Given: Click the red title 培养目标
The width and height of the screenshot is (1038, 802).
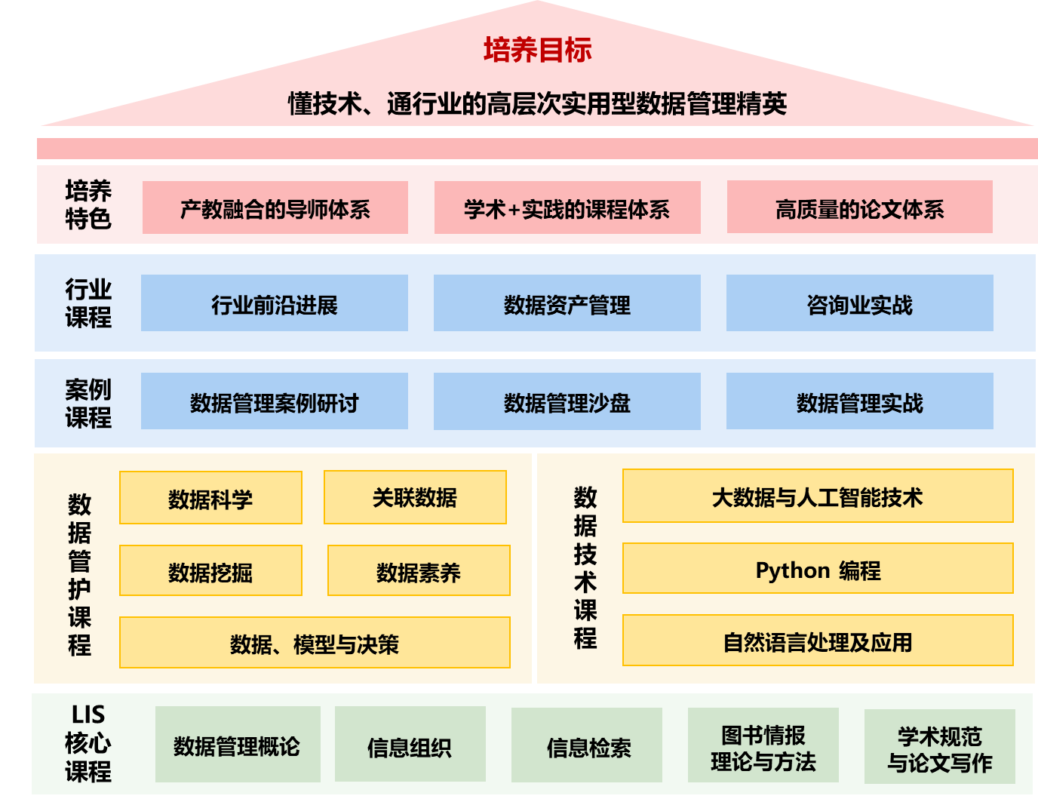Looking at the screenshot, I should click(x=537, y=50).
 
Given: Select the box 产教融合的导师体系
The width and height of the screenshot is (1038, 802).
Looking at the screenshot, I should click(x=275, y=207).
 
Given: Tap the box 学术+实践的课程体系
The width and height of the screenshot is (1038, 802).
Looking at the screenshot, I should click(x=567, y=207).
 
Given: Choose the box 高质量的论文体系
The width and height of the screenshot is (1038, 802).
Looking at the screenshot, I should click(x=859, y=207).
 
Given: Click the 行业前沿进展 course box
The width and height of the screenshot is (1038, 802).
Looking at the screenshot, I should click(x=274, y=303).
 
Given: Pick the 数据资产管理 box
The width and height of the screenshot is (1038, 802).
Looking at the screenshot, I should click(x=567, y=303).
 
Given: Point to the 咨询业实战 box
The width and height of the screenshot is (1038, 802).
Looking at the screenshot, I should click(x=859, y=303).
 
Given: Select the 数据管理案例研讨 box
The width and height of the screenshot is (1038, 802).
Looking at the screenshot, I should click(x=274, y=401).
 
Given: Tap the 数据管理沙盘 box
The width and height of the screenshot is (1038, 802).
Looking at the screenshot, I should click(x=567, y=401).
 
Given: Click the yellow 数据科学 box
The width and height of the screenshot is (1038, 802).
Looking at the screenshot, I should click(x=210, y=498).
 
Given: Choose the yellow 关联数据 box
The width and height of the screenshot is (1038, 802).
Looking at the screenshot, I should click(x=415, y=497).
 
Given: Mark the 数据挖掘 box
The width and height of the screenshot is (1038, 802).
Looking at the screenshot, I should click(x=210, y=571).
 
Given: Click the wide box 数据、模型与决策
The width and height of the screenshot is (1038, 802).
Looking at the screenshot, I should click(x=315, y=643).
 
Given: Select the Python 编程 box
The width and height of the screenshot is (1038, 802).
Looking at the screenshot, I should click(x=818, y=569).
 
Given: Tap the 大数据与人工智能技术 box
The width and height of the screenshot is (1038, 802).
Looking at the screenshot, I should click(x=818, y=496).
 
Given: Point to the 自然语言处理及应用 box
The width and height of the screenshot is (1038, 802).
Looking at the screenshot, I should click(x=818, y=641).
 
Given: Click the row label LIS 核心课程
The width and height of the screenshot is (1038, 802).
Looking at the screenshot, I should click(x=88, y=743).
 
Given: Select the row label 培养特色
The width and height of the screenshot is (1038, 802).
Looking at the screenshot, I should click(x=88, y=204).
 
